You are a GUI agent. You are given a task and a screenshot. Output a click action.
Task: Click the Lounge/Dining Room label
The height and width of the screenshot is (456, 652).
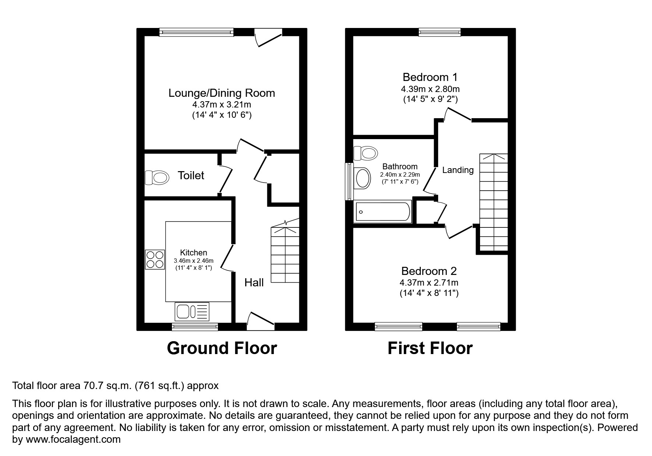[222, 93]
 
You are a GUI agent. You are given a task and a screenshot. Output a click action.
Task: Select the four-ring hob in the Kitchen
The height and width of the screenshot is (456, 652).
[155, 259]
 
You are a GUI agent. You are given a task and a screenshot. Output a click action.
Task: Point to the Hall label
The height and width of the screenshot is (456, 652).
[254, 283]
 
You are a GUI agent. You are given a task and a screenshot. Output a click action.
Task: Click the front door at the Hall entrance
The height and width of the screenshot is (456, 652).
[261, 320]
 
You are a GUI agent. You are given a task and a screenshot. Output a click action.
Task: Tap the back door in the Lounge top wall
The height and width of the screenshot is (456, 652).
[269, 38]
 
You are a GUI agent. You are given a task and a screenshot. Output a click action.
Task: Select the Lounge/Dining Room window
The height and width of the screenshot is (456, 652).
[197, 32]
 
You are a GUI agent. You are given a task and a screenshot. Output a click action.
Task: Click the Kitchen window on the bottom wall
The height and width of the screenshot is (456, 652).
[195, 326]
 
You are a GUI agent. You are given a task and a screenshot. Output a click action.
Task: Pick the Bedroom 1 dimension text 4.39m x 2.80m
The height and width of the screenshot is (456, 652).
[430, 89]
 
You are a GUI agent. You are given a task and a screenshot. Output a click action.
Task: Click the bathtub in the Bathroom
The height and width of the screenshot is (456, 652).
[383, 212]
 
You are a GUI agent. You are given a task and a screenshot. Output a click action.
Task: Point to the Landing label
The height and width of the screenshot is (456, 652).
[458, 170]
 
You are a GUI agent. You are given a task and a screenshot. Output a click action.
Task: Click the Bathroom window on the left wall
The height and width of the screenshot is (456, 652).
[348, 181]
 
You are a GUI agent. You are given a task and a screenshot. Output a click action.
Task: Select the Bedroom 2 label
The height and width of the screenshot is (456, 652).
[429, 271]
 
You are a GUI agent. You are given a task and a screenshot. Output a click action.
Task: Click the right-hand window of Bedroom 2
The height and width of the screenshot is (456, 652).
[478, 326]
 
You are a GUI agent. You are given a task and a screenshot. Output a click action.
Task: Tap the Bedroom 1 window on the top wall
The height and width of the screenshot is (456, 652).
[440, 32]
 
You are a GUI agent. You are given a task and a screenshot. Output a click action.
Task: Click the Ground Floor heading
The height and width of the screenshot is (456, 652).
[222, 348]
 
